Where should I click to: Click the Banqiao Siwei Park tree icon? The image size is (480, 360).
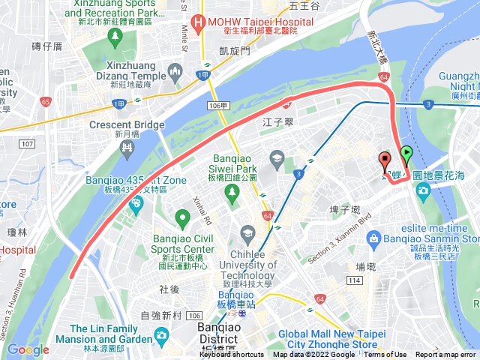click(232, 191)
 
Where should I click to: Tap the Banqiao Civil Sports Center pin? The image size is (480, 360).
click(182, 219)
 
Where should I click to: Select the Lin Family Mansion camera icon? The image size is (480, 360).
click(160, 334)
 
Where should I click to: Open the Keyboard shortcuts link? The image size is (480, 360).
click(232, 355)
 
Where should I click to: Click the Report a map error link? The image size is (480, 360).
click(446, 355)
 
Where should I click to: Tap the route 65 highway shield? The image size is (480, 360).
click(46, 100)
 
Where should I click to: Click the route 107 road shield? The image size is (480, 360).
click(27, 143)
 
